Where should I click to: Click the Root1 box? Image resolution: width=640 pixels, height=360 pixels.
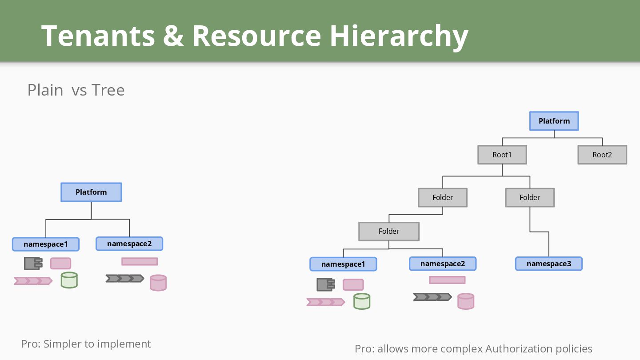502,155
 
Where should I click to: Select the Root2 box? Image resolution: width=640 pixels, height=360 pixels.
602,155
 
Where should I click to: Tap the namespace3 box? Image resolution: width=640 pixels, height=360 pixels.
549,264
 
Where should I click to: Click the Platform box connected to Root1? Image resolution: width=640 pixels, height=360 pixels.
554,121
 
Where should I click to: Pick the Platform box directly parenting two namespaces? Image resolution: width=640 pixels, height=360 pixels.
91,192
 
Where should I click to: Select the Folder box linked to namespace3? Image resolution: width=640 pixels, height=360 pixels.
530,197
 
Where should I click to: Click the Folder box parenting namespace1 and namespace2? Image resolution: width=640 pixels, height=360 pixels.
389,231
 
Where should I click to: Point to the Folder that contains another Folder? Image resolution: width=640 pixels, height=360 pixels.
443,197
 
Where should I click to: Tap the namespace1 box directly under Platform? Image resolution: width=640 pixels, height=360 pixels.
46,244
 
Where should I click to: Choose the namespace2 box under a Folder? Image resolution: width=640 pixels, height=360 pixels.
443,264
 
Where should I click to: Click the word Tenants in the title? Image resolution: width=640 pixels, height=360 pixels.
98,36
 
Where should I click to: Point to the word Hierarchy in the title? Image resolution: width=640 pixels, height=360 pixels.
399,36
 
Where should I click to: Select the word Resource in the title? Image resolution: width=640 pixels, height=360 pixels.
256,36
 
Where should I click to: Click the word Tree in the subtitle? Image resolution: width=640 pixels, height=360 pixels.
108,90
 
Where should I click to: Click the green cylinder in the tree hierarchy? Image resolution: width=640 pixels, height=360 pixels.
362,301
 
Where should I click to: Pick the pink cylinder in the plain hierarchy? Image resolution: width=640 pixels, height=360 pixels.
158,283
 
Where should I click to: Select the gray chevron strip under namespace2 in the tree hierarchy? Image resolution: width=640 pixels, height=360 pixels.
432,297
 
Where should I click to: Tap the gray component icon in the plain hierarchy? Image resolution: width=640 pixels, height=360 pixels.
33,264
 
